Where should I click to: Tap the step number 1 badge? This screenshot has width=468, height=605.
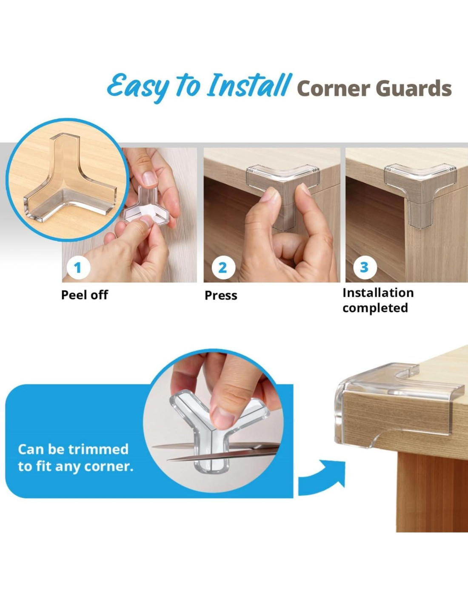[x=78, y=268]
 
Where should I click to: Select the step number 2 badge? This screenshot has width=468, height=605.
[x=223, y=268]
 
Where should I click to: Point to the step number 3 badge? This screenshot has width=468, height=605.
[x=365, y=267]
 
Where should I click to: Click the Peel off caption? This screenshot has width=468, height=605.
[x=84, y=295]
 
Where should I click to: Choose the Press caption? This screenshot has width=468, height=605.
[x=221, y=295]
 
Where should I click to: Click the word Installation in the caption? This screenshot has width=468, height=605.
[x=378, y=293]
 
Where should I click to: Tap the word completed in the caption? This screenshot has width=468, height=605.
[x=375, y=308]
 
